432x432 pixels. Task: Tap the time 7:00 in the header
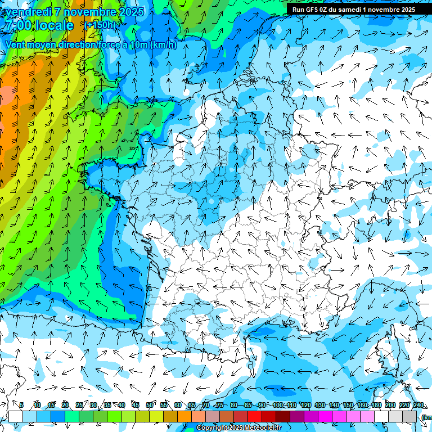point(16,25)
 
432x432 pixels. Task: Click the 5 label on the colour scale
point(21,406)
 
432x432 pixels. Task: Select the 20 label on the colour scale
point(65,406)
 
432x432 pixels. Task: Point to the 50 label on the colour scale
point(150,406)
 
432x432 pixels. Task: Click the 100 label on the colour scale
point(278,406)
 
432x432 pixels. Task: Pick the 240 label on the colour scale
point(418,406)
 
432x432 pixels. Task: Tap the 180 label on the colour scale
point(375,406)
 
